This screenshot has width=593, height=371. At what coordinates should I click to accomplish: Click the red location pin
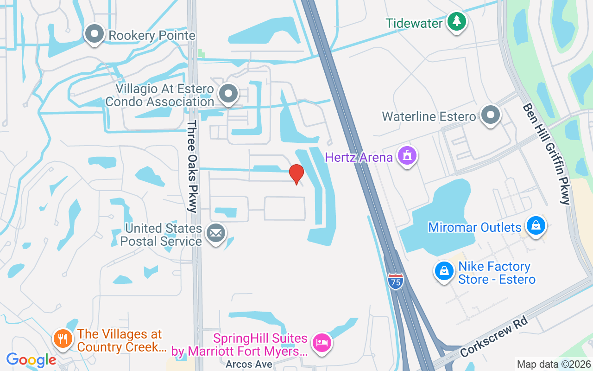tap(296, 174)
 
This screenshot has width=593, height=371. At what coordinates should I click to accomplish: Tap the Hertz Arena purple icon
tap(407, 156)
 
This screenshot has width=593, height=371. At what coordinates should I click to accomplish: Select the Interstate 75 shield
tap(395, 281)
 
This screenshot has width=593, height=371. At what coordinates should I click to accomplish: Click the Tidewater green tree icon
tap(457, 21)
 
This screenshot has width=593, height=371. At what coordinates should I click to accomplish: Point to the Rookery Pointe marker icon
tap(95, 34)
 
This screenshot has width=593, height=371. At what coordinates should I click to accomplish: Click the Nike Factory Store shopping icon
tap(444, 271)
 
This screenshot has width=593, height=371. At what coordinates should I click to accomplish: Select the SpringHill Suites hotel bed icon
tap(322, 344)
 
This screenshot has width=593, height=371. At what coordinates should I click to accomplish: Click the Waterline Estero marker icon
tap(490, 115)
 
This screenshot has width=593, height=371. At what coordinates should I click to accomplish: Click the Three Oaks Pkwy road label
tap(193, 166)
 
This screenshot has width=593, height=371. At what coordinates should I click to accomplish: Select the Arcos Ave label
tap(249, 364)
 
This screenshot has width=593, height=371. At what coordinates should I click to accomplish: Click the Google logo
tap(31, 360)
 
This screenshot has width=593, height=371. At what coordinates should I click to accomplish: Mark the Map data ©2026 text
tap(554, 364)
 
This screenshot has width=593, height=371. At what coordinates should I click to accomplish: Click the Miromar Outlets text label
tap(475, 227)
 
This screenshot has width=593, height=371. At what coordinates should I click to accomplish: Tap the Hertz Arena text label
tap(359, 157)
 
